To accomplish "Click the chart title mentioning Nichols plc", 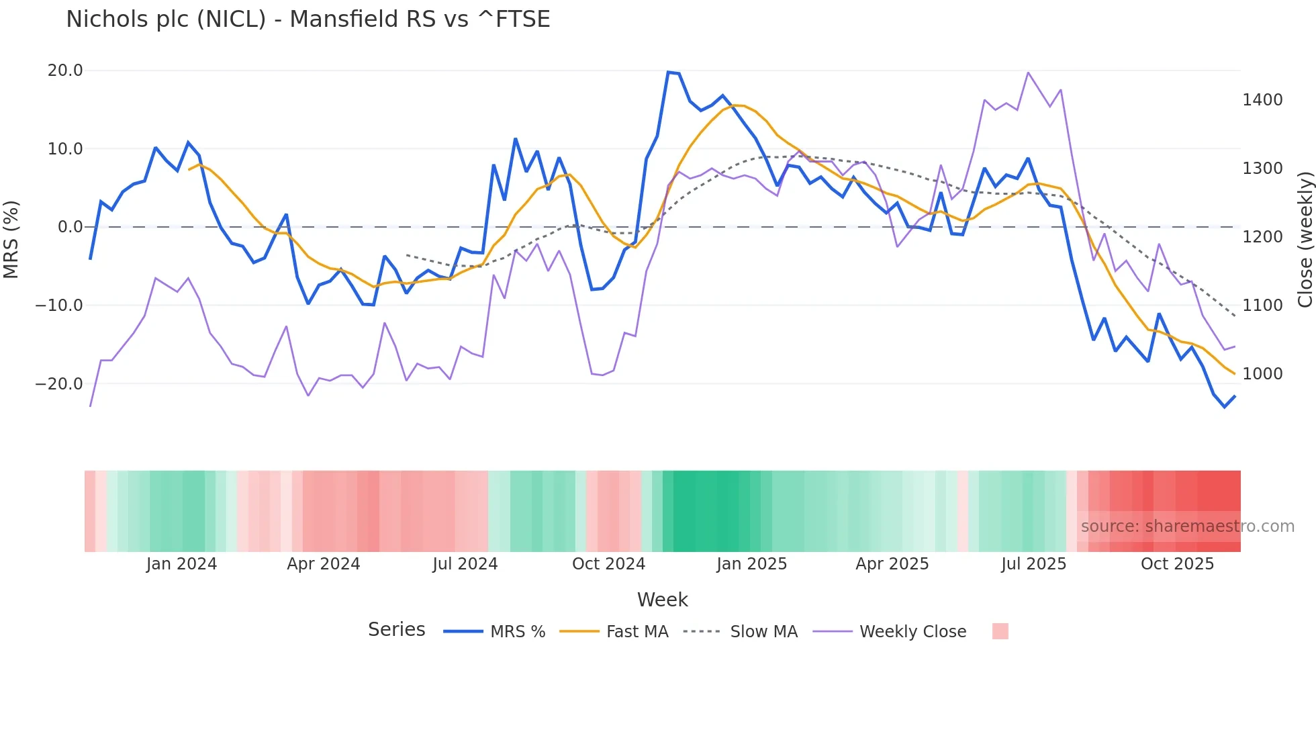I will (x=308, y=19).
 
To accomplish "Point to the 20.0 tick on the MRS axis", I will (x=65, y=71).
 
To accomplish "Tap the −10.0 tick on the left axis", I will (x=59, y=306).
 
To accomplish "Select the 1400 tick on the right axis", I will (x=1262, y=100).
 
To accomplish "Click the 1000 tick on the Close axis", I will (x=1262, y=374).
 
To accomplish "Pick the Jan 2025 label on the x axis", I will (x=751, y=564).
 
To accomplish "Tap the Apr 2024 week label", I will (x=323, y=564).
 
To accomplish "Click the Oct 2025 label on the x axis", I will (x=1177, y=564).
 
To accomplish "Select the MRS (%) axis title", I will (x=11, y=239).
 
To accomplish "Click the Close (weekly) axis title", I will (x=1305, y=239).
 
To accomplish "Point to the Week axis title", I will (x=662, y=600).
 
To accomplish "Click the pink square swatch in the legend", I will (x=1000, y=631).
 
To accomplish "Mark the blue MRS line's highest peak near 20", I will (x=669, y=72).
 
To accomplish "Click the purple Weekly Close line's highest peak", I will (x=1028, y=73).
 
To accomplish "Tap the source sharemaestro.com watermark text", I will (x=1187, y=526).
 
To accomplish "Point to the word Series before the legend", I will (x=396, y=630).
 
